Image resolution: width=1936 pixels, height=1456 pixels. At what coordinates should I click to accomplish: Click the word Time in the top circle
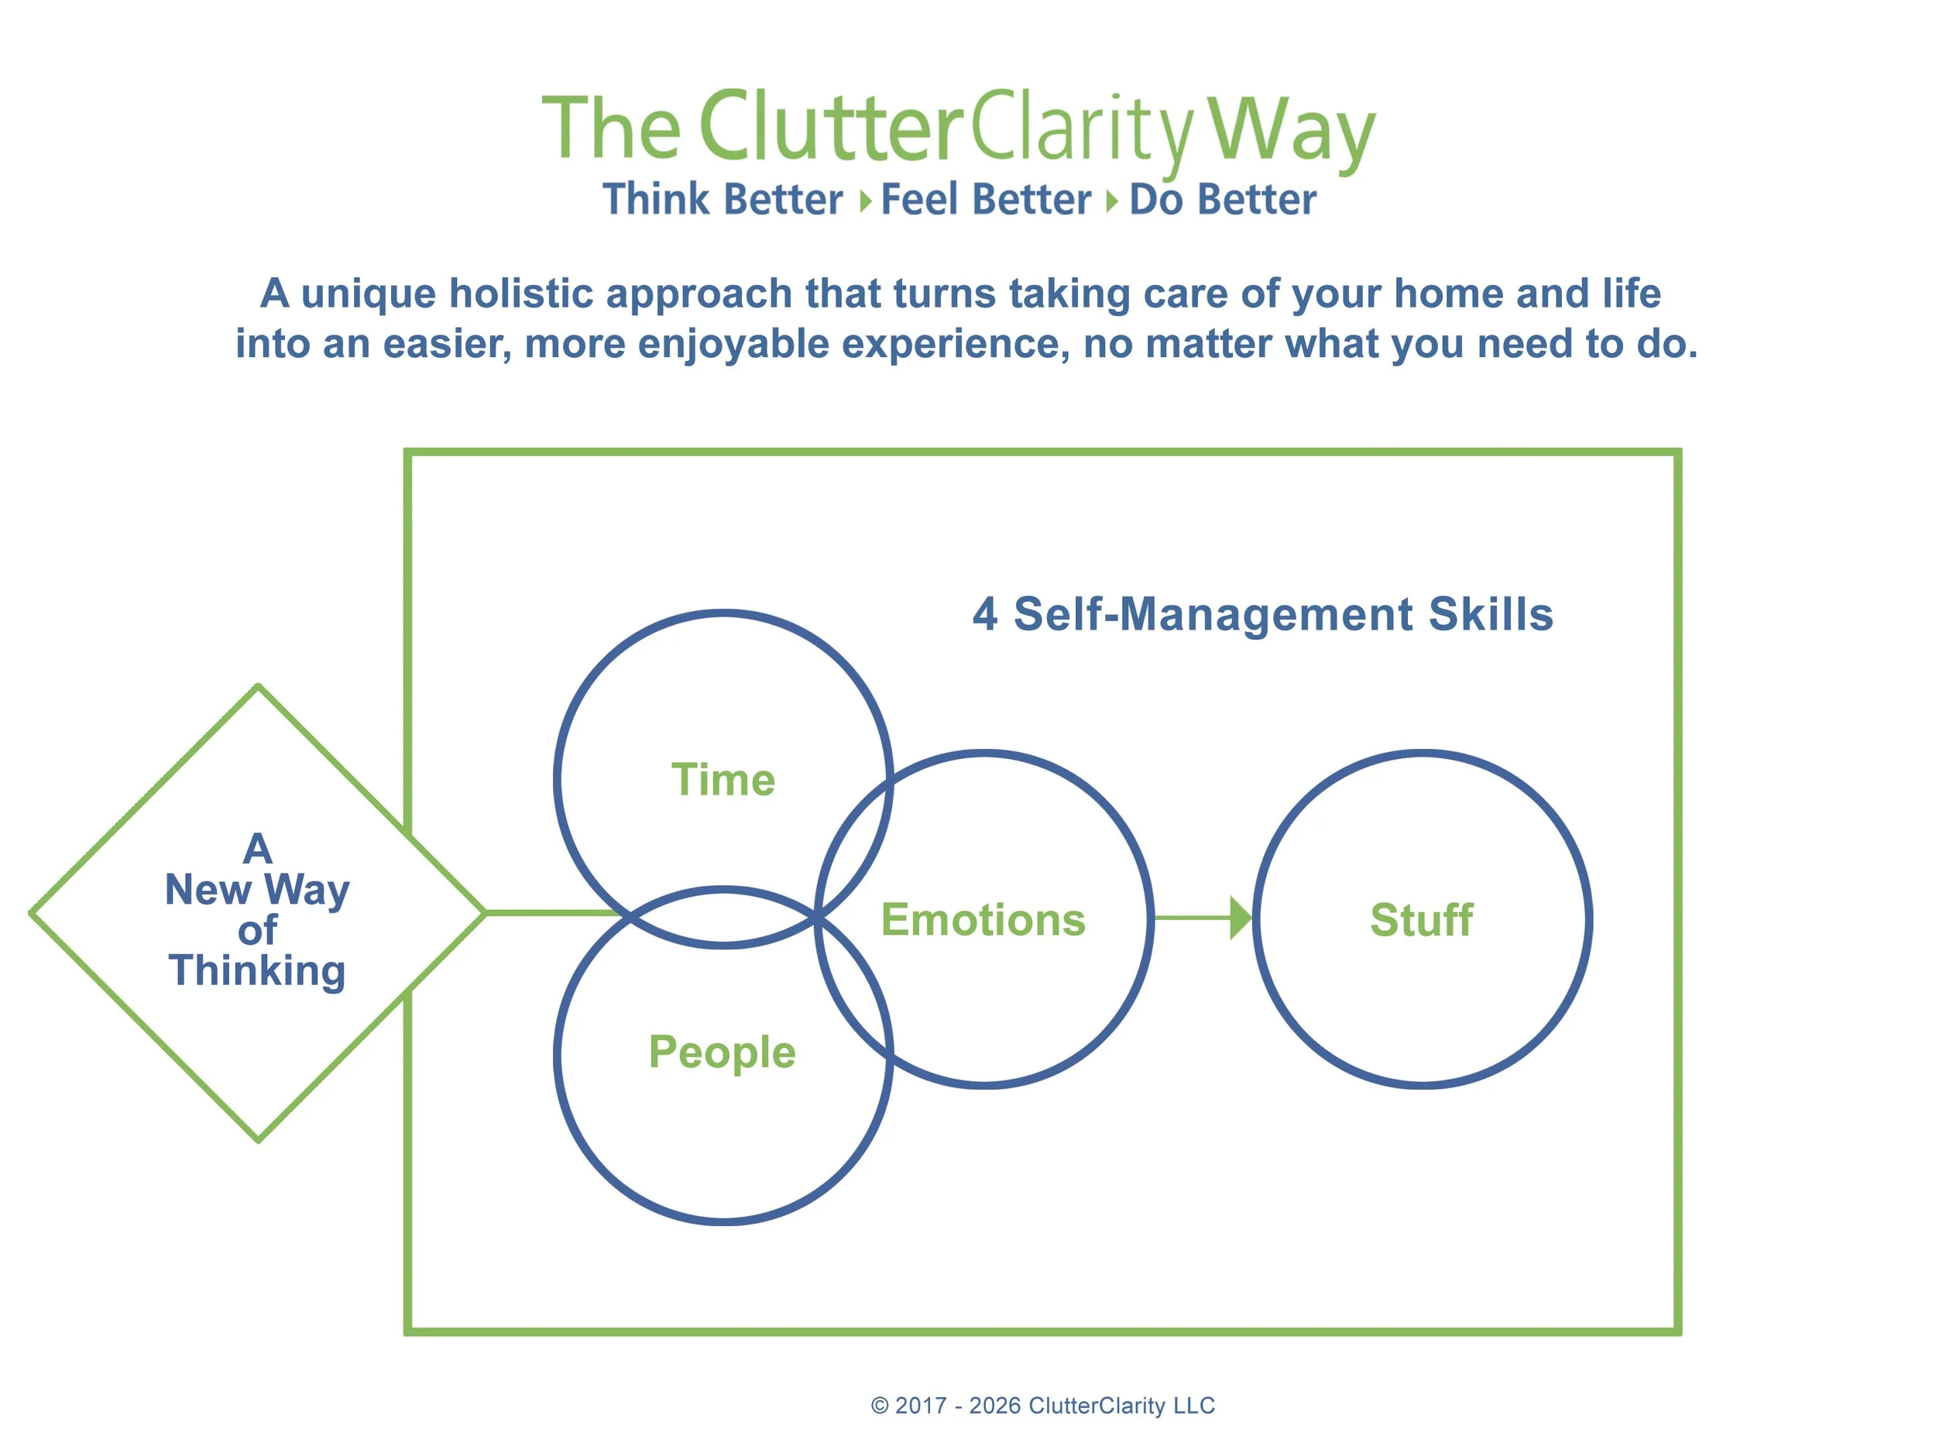(x=723, y=779)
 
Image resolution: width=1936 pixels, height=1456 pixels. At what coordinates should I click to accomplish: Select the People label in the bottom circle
(x=722, y=1053)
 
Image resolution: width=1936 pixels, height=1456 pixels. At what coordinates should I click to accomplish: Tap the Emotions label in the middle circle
(x=983, y=920)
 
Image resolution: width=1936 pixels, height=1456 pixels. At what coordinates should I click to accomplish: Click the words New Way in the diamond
(x=257, y=891)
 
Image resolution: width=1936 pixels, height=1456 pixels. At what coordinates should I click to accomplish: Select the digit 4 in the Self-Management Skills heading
(x=984, y=613)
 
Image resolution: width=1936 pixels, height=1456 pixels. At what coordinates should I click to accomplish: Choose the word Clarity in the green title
(x=1082, y=132)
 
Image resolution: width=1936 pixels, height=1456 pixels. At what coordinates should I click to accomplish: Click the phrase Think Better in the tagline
(x=722, y=199)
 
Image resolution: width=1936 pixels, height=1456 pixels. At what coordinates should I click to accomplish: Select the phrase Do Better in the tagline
(x=1223, y=199)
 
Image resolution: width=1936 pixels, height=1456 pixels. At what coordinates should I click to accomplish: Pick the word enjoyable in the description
(x=733, y=344)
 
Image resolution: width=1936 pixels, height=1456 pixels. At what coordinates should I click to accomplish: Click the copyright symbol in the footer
(x=879, y=1405)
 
